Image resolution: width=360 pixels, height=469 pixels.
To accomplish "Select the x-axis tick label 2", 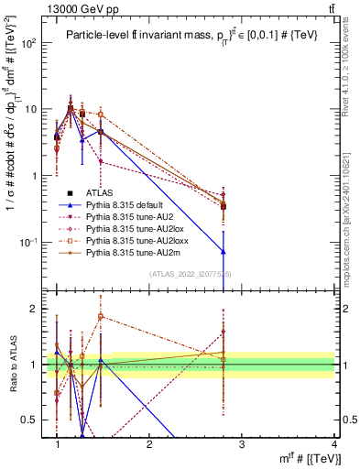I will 149,443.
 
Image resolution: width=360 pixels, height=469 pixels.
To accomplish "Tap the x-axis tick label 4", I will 334,443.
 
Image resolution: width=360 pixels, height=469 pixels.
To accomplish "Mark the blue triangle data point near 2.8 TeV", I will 224,251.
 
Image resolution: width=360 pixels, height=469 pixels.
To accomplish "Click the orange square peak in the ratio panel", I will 101,317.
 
